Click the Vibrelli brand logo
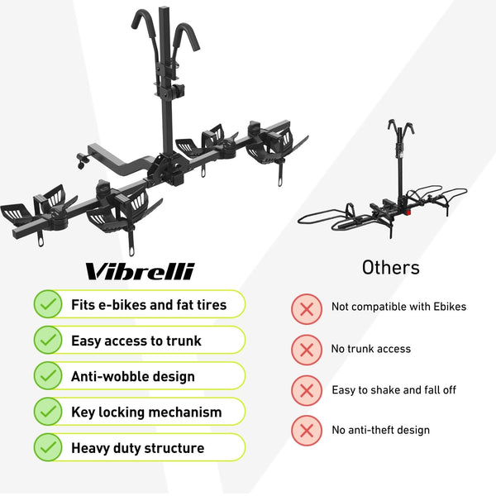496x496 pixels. tap(140, 271)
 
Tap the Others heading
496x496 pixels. tap(391, 268)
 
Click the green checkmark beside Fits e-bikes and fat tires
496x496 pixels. tap(48, 304)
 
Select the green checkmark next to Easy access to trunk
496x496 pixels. tap(48, 340)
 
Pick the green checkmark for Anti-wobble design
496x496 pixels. tap(48, 375)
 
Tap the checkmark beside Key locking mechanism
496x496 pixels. tap(48, 411)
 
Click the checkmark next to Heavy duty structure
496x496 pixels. tap(48, 447)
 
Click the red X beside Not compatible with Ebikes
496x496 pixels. tap(307, 308)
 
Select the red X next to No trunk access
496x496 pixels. tap(307, 350)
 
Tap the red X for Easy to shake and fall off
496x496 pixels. tap(307, 390)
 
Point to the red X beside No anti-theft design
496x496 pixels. tap(307, 431)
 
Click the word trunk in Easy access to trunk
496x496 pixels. tap(184, 341)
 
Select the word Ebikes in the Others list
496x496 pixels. tap(450, 307)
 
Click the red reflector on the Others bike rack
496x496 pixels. tap(408, 212)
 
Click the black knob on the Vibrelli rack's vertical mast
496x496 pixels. tap(178, 91)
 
